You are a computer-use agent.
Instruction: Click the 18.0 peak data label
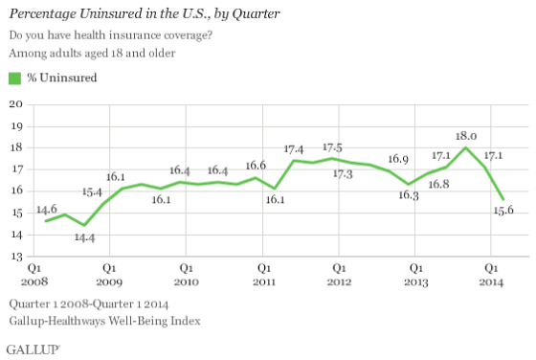point(466,136)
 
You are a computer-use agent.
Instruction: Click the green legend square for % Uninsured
point(14,79)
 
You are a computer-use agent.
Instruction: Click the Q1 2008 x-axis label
point(33,276)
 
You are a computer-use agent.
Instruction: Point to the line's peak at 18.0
point(466,147)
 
